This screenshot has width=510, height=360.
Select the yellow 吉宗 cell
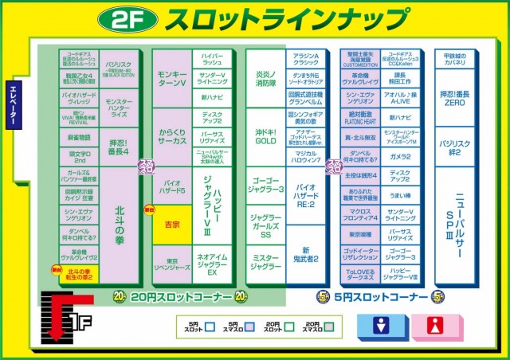[x=172, y=225]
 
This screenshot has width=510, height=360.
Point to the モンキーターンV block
[x=172, y=78]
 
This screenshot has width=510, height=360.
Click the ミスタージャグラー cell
[x=266, y=262]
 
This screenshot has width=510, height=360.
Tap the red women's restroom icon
[x=435, y=327]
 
